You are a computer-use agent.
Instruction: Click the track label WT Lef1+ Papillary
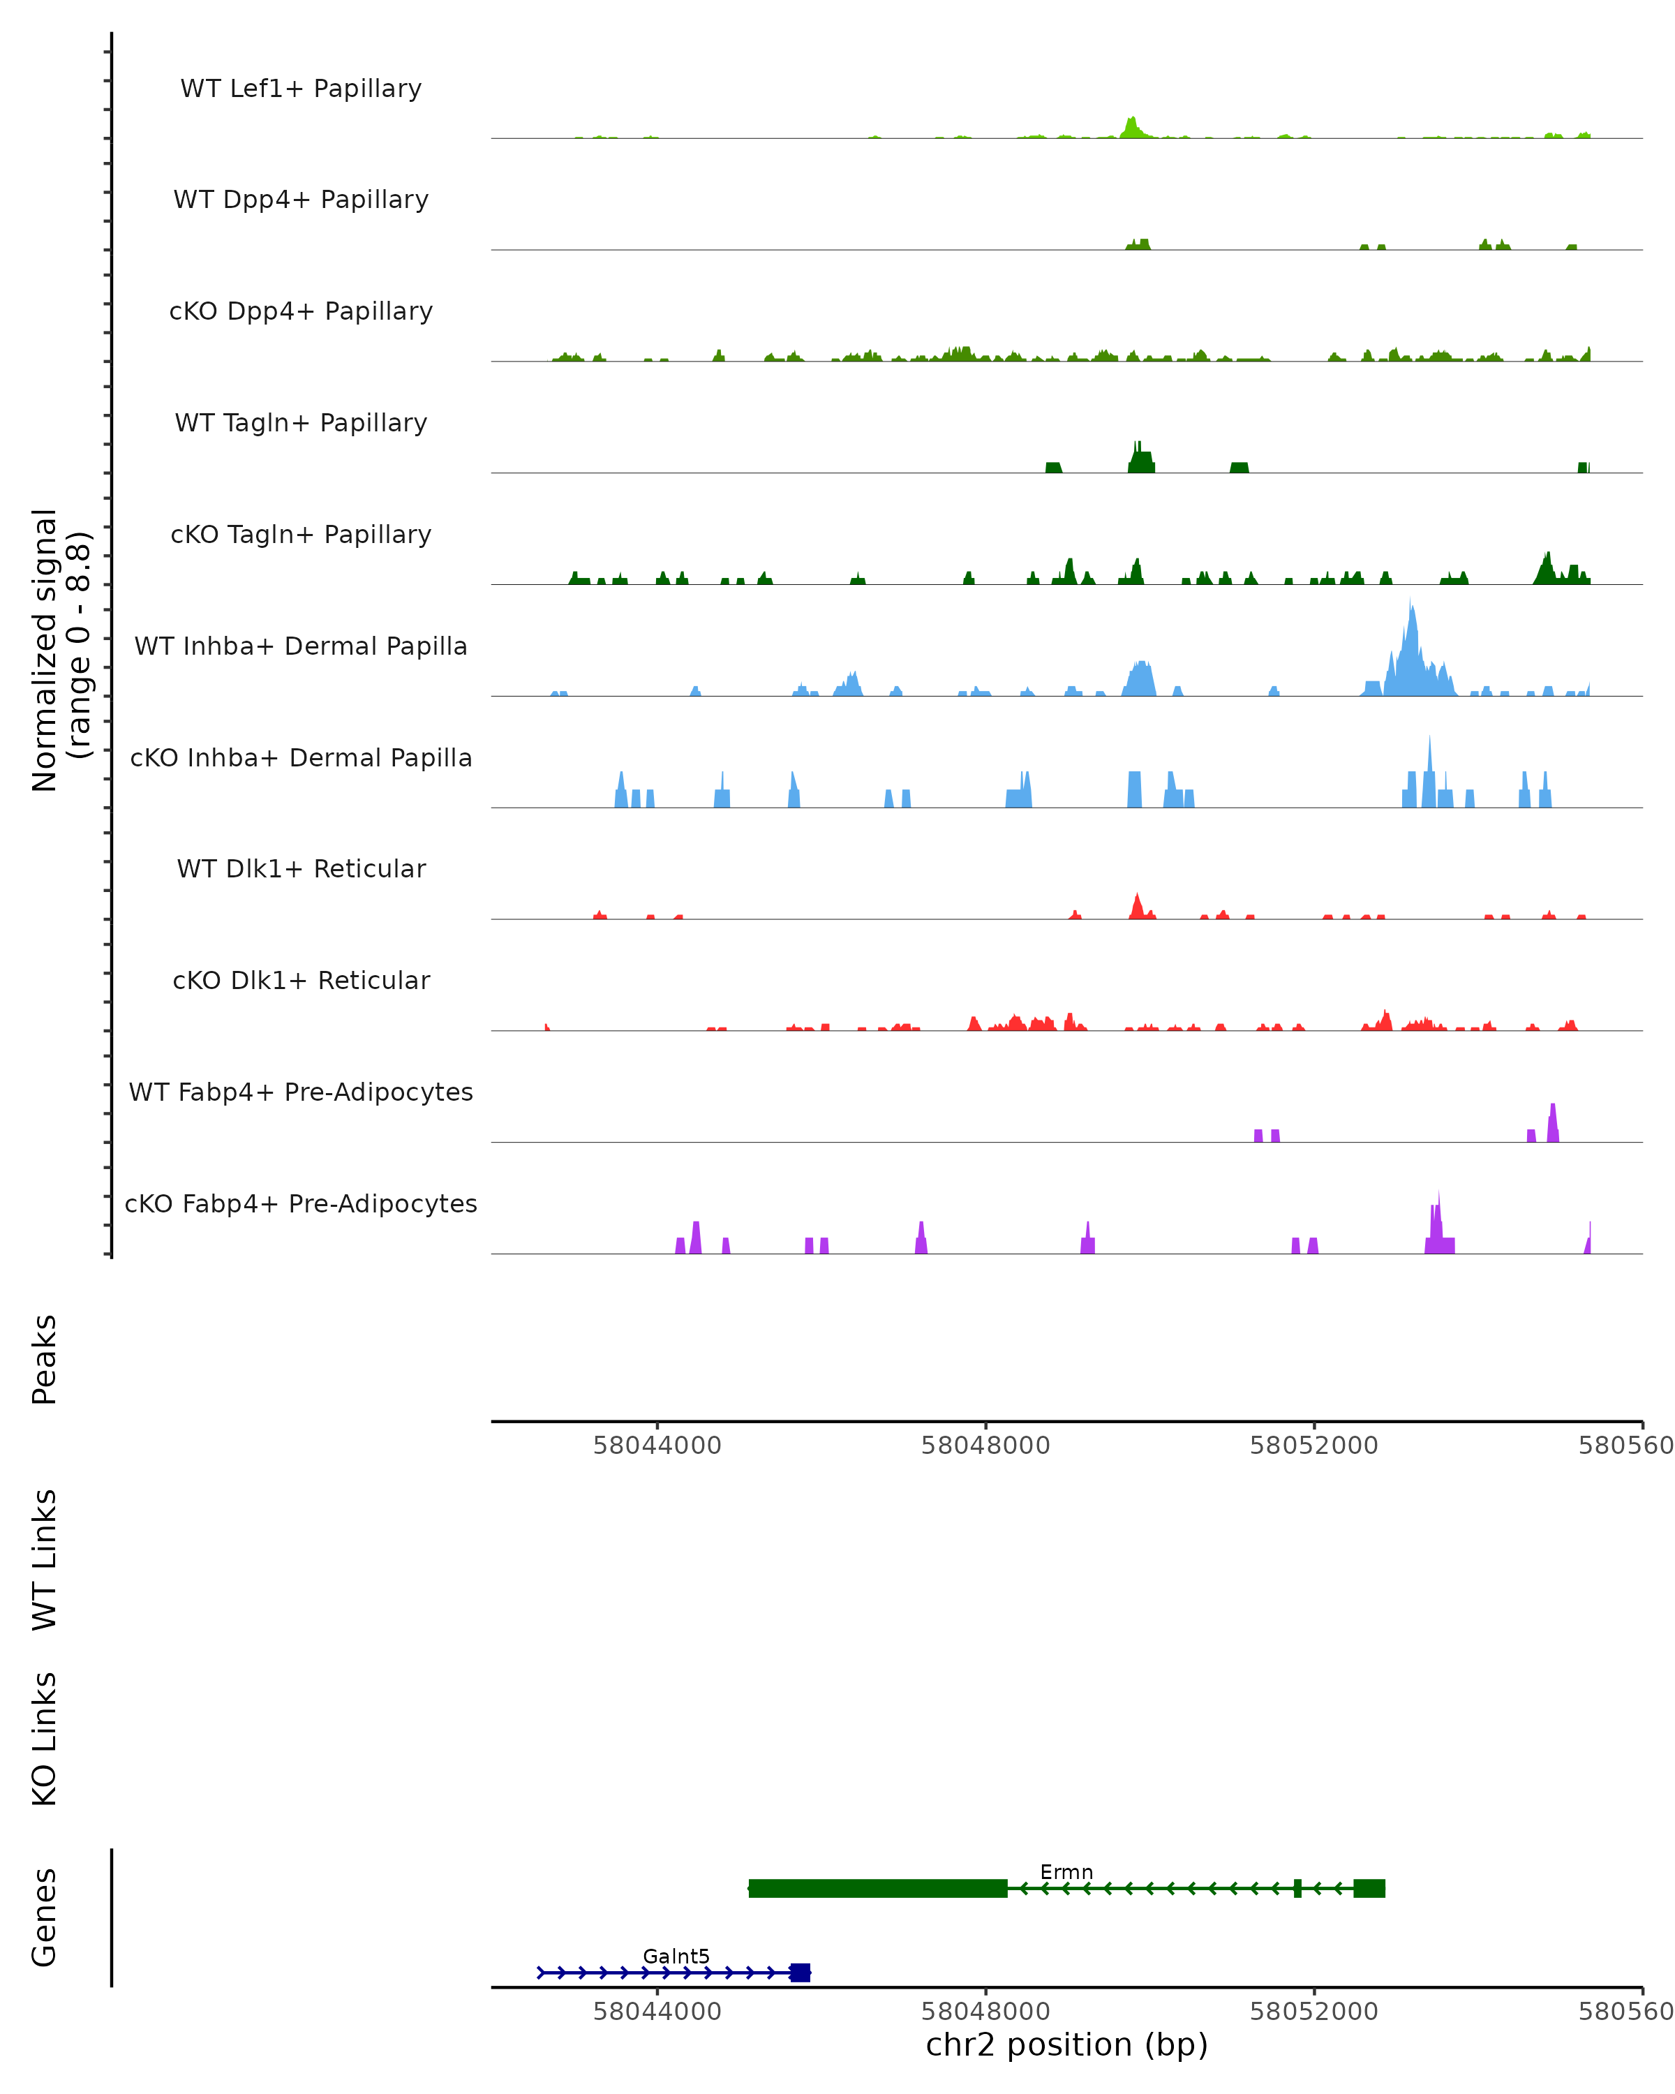[301, 89]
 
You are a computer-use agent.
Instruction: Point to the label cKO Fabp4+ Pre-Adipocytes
[301, 1203]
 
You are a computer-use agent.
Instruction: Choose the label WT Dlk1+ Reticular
[301, 868]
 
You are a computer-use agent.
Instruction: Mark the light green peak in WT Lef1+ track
[1131, 127]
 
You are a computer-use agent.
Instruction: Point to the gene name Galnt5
[676, 1956]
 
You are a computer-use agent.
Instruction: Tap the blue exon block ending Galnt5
[799, 1973]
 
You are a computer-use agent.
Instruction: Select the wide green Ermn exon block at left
[878, 1888]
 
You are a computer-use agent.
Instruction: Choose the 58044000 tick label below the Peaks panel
[657, 1446]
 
